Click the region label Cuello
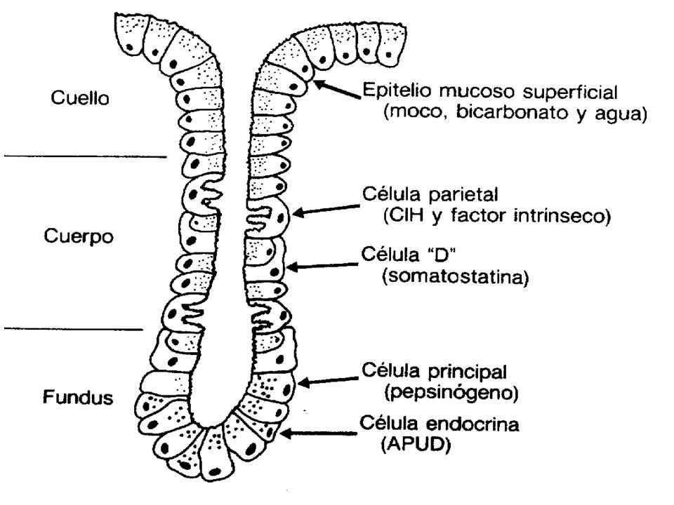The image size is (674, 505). (x=80, y=99)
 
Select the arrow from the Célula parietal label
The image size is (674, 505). (x=326, y=209)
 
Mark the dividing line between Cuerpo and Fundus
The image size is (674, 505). (x=73, y=328)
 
